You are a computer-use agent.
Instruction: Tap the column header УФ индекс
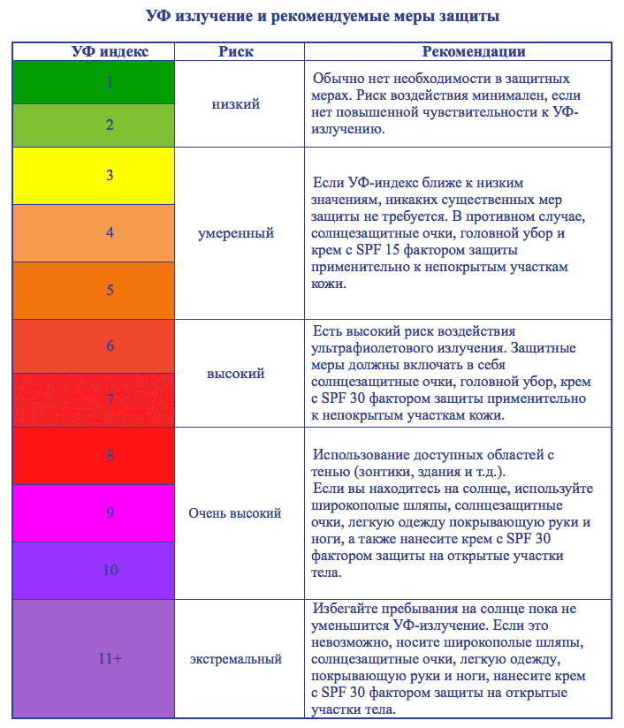pyautogui.click(x=110, y=52)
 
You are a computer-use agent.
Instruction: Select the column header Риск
pyautogui.click(x=236, y=52)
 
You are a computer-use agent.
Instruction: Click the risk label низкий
pyautogui.click(x=236, y=103)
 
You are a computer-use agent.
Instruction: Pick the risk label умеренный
pyautogui.click(x=236, y=233)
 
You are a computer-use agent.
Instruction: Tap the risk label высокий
pyautogui.click(x=236, y=373)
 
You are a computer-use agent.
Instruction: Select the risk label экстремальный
pyautogui.click(x=236, y=658)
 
